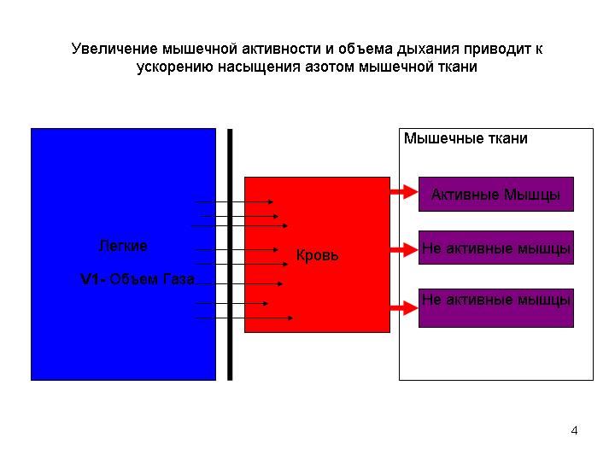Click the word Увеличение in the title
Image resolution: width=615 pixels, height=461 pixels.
pyautogui.click(x=114, y=49)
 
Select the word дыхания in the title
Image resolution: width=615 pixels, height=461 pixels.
pyautogui.click(x=428, y=50)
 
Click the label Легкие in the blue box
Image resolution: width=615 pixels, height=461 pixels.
pyautogui.click(x=123, y=246)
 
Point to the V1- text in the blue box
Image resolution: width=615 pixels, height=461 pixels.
pyautogui.click(x=93, y=279)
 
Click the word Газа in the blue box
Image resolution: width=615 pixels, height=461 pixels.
pyautogui.click(x=179, y=279)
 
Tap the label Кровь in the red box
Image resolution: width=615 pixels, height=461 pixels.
pyautogui.click(x=317, y=255)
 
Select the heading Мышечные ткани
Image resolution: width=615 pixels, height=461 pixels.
pyautogui.click(x=466, y=138)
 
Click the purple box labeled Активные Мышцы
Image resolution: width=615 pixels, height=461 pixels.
pyautogui.click(x=496, y=194)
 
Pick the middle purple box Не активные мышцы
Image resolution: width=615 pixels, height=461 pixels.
pyautogui.click(x=496, y=248)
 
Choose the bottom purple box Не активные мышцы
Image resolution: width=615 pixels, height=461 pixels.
pyautogui.click(x=496, y=307)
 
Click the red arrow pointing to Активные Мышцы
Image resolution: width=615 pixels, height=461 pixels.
pyautogui.click(x=404, y=192)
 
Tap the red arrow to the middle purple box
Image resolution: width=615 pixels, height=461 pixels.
pyautogui.click(x=404, y=249)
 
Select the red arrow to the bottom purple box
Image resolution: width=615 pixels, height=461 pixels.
pyautogui.click(x=404, y=307)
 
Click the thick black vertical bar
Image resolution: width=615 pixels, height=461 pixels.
pyautogui.click(x=230, y=254)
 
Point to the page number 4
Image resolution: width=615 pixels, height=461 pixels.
pyautogui.click(x=574, y=430)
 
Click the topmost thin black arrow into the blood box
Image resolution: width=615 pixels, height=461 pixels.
pyautogui.click(x=234, y=201)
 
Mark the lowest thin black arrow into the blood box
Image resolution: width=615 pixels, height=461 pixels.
pyautogui.click(x=244, y=318)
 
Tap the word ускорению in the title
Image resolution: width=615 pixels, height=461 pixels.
pyautogui.click(x=175, y=67)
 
